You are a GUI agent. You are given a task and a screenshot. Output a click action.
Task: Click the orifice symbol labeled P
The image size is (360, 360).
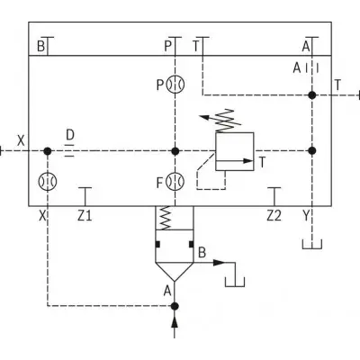tap(175, 85)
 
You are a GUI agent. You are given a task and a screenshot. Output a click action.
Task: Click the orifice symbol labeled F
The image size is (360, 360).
tap(175, 182)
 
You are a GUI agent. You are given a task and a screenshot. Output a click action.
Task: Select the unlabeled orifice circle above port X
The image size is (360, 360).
tap(48, 182)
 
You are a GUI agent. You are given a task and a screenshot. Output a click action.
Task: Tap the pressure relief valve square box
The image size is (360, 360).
tap(235, 151)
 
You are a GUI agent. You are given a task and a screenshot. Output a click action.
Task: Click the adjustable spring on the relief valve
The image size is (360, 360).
tap(227, 121)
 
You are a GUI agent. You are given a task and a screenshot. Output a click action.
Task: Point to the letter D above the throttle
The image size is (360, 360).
tap(70, 135)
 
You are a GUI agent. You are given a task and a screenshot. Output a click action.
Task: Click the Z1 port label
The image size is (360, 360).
tap(85, 215)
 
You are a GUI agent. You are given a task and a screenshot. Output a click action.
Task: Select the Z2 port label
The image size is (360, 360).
tap(274, 215)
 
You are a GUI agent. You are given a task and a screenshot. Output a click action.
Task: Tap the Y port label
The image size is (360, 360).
tap(306, 215)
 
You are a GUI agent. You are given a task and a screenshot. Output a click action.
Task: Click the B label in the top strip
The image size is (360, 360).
tap(41, 47)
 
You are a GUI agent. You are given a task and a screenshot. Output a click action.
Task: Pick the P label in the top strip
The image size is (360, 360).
tap(168, 47)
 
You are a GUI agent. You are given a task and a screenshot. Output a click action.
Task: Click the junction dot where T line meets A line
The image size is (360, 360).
tap(312, 95)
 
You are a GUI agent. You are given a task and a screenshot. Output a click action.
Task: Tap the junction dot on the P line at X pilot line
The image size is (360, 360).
tap(175, 151)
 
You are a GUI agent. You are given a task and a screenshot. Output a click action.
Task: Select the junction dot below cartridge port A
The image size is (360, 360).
tap(175, 306)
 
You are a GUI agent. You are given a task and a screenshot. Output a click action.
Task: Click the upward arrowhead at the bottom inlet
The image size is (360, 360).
tap(175, 322)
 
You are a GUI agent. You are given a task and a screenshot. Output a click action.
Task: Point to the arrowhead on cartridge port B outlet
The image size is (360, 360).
tap(219, 263)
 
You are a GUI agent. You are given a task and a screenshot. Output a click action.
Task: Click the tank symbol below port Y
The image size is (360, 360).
tap(312, 245)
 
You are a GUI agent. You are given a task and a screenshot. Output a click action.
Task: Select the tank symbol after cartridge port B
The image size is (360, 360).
tap(235, 282)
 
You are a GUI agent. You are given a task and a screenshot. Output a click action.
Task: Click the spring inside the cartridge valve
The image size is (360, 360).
tap(166, 218)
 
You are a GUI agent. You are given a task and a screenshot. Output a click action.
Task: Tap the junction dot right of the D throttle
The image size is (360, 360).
tap(175, 151)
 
